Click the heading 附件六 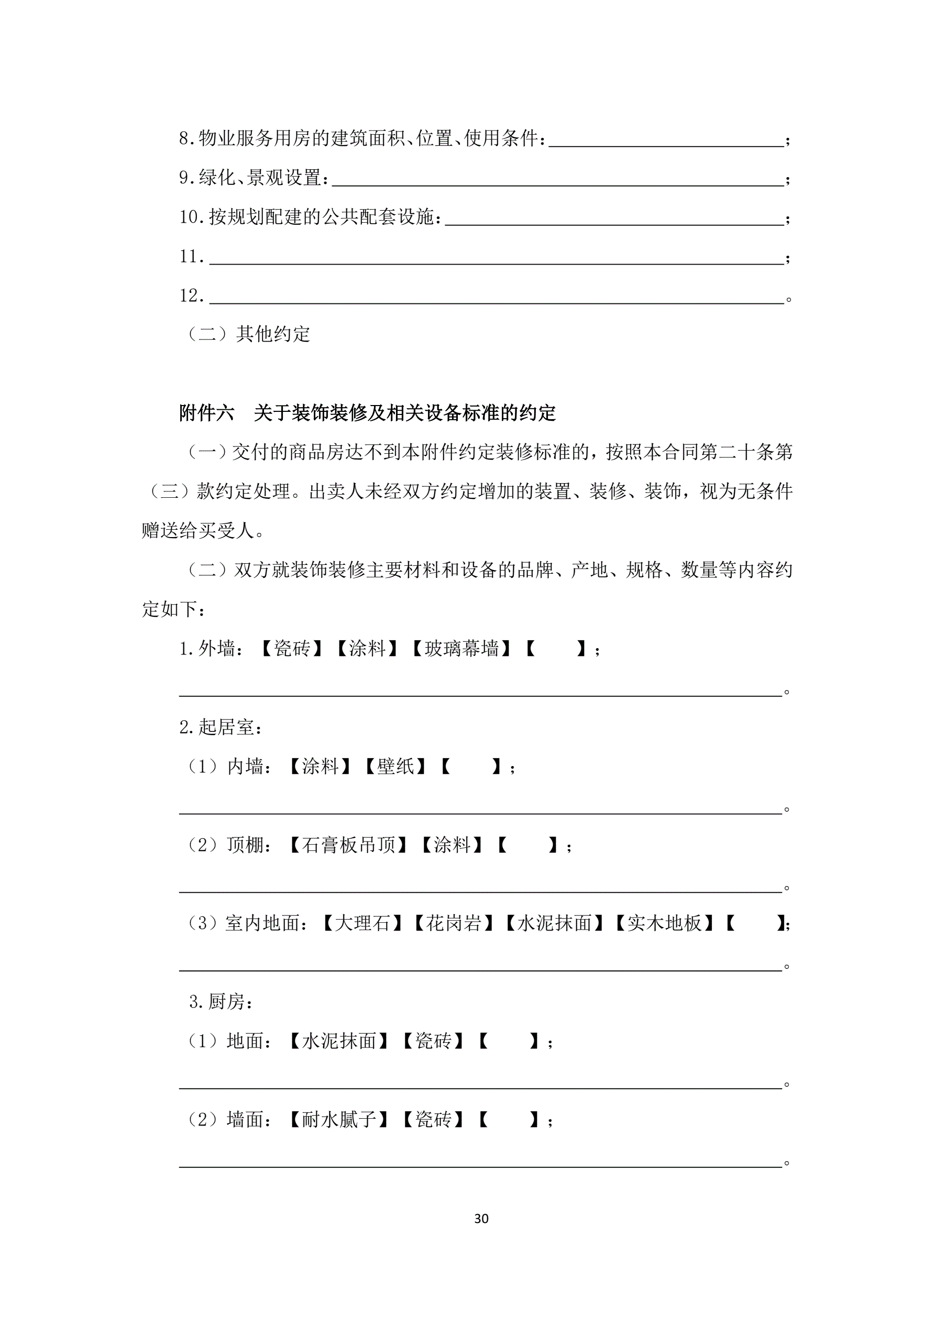[x=206, y=413]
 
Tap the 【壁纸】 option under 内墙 [x=395, y=767]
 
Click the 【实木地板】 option [x=664, y=924]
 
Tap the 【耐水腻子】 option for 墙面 [x=338, y=1120]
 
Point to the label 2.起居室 [x=221, y=727]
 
